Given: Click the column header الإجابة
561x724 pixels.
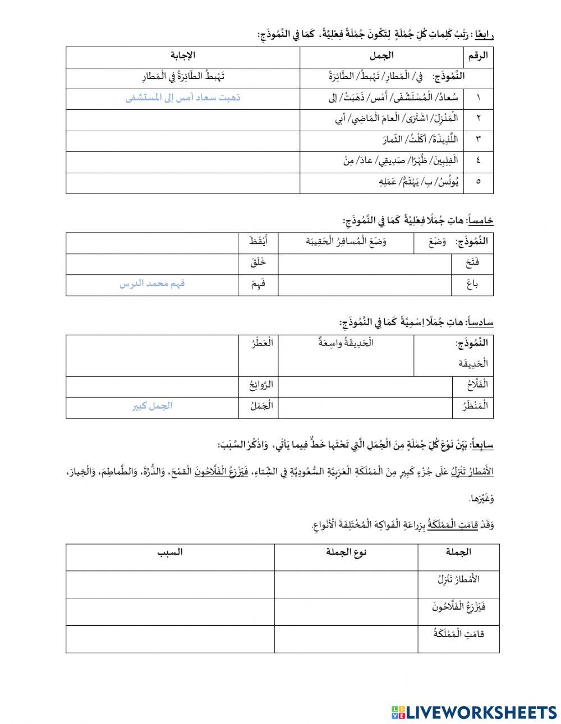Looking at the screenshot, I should (x=183, y=55).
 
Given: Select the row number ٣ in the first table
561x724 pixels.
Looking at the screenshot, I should (x=478, y=139).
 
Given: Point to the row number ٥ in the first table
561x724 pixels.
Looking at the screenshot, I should (x=478, y=182).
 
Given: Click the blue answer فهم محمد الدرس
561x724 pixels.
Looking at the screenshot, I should (x=152, y=284).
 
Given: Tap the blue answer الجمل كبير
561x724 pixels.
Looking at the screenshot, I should (x=152, y=406).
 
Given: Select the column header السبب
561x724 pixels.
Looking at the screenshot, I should (x=170, y=552).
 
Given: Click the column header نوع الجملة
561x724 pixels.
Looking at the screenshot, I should (x=346, y=552).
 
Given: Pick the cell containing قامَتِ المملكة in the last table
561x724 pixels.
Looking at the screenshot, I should (x=458, y=634).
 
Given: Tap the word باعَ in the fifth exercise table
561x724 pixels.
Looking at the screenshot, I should (x=472, y=284).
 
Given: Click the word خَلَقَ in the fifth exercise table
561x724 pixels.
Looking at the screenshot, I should (x=257, y=262).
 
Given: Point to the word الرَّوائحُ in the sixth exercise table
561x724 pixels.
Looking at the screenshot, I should (x=261, y=385).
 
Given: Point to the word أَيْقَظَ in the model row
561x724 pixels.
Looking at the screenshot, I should (x=259, y=241).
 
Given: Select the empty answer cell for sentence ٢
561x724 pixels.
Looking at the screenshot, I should (x=183, y=118).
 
